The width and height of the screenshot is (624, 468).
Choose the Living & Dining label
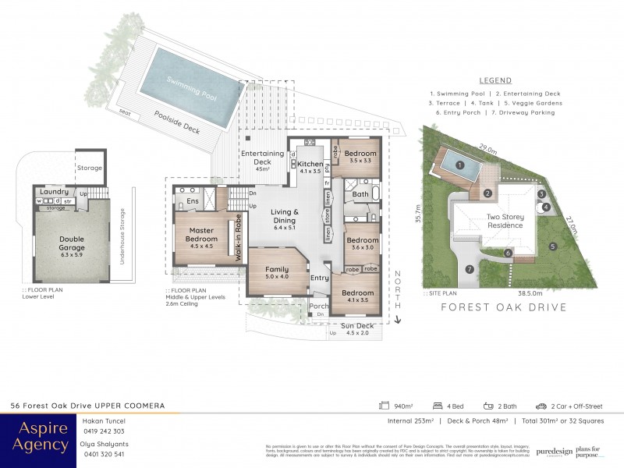coord(285,216)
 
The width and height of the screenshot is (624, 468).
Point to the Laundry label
coord(55,191)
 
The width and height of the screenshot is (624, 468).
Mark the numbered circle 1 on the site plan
coord(460,165)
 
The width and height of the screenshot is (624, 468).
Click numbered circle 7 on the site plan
coord(469,270)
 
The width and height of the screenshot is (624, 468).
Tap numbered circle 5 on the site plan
coord(552,247)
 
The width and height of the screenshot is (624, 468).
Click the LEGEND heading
coord(495,80)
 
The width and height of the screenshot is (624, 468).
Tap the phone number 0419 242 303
coord(103,431)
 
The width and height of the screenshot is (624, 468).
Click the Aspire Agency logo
coord(39,437)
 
